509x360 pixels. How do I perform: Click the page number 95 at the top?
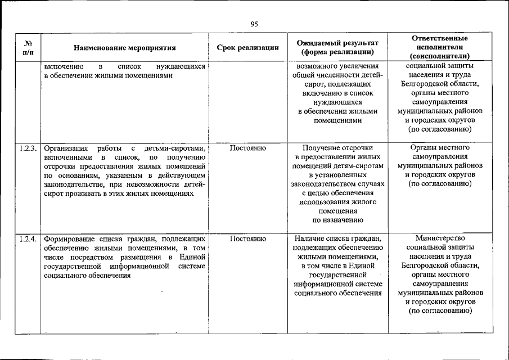(254, 24)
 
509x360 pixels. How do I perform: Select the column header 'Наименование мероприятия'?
(124, 48)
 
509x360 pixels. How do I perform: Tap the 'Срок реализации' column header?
(247, 48)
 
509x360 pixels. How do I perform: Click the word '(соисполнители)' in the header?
(440, 56)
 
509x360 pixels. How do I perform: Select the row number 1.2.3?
(28, 148)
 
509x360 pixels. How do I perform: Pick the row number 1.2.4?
(28, 239)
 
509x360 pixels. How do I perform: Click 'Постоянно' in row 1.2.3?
(247, 148)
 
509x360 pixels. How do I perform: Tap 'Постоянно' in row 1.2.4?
(247, 239)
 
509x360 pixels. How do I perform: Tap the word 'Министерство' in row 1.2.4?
(440, 238)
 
